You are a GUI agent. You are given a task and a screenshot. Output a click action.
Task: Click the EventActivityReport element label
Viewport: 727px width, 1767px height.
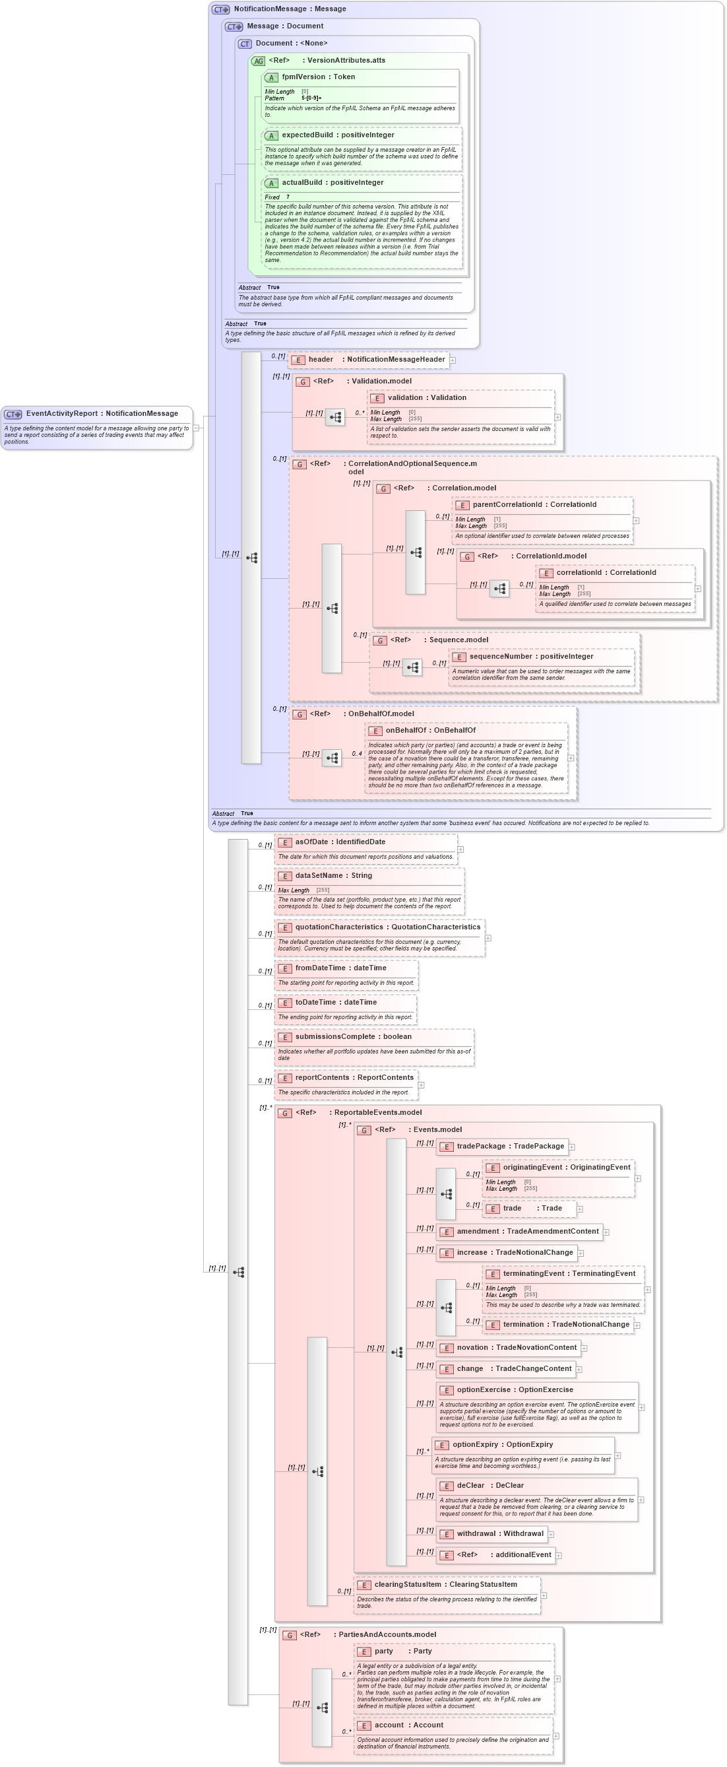click(x=102, y=414)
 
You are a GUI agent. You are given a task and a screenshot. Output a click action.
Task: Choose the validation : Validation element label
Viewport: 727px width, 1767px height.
click(x=427, y=398)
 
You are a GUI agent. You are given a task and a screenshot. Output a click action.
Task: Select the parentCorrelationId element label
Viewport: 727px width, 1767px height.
click(x=534, y=505)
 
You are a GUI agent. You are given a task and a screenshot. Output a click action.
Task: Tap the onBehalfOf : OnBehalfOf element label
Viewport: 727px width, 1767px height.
click(x=430, y=731)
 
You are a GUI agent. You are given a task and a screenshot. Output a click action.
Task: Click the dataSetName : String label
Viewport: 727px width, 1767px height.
click(x=333, y=875)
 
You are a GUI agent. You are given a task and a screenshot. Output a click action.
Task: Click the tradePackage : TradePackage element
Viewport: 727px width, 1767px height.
click(x=510, y=1147)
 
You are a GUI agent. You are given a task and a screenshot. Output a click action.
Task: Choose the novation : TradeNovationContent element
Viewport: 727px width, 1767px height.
click(x=517, y=1347)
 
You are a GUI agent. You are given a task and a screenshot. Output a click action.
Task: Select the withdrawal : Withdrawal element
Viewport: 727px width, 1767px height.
click(x=500, y=1533)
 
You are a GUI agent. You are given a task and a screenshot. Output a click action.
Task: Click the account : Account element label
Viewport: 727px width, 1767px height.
click(x=409, y=1725)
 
